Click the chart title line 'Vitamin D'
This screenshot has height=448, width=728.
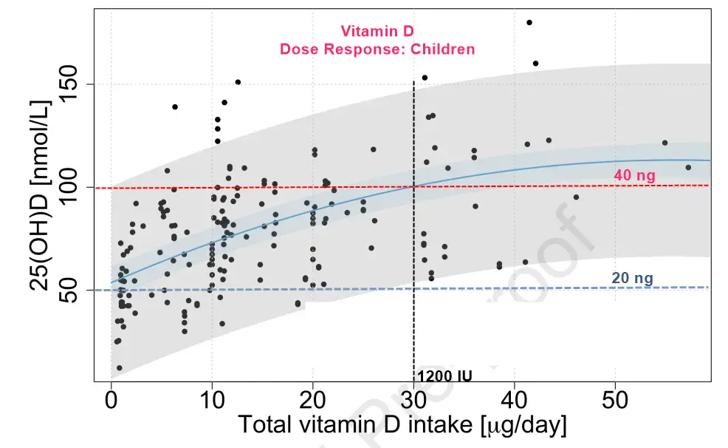(x=377, y=31)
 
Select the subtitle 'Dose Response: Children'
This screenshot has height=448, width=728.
(x=377, y=50)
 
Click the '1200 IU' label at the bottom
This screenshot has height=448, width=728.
(x=444, y=376)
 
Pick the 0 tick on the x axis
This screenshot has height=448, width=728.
(x=111, y=401)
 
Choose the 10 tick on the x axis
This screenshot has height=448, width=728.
(x=212, y=401)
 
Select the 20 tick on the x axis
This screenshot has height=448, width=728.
(x=313, y=401)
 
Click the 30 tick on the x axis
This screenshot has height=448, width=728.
(x=413, y=401)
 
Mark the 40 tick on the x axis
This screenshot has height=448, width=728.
(x=515, y=401)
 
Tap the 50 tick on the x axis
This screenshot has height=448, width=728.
(x=615, y=401)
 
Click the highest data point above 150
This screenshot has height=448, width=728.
(x=529, y=22)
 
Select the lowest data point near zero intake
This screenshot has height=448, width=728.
(x=119, y=367)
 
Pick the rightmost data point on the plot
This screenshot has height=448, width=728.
(x=688, y=167)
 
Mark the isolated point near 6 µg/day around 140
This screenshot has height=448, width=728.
(x=175, y=106)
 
